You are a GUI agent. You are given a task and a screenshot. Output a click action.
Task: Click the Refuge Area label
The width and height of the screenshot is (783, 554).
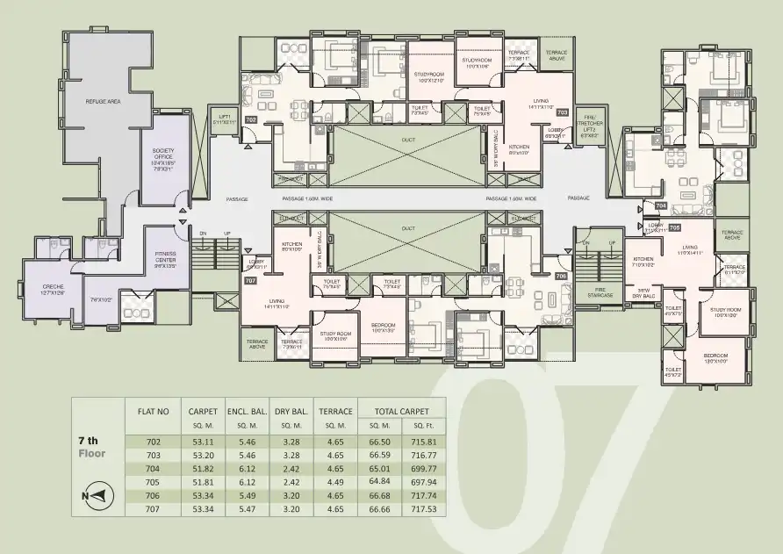(103, 103)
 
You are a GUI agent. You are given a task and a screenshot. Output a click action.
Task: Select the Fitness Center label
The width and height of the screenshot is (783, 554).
(166, 259)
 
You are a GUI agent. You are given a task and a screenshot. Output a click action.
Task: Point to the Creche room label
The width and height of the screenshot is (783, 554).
(53, 289)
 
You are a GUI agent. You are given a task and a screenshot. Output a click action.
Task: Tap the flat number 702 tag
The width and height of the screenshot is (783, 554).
(250, 119)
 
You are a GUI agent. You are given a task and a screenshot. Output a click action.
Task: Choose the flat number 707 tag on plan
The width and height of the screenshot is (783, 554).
(250, 281)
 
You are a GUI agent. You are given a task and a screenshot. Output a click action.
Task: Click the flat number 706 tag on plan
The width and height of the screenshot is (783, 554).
(561, 276)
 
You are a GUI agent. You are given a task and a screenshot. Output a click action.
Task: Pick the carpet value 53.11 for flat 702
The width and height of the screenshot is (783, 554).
(202, 442)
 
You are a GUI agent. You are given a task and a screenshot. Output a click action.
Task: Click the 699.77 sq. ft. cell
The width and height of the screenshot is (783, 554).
(423, 470)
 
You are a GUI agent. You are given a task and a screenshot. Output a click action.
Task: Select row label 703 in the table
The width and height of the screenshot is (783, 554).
(153, 456)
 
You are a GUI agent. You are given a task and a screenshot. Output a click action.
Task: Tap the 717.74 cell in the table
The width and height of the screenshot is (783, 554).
(423, 496)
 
